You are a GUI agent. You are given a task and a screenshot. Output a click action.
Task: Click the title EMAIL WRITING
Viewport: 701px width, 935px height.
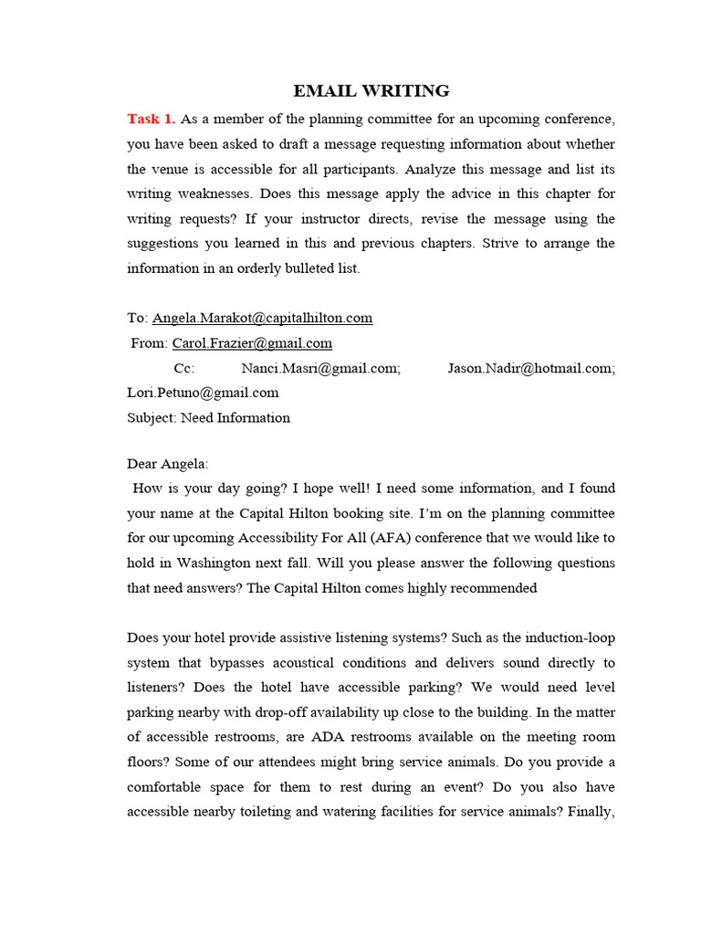point(371,90)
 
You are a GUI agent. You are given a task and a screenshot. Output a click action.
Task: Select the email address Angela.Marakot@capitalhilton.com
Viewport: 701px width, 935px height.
point(262,318)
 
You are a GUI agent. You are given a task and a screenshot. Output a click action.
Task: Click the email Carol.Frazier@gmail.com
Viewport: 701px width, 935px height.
point(252,343)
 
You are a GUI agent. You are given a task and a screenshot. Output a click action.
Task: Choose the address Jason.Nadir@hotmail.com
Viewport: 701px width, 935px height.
point(531,368)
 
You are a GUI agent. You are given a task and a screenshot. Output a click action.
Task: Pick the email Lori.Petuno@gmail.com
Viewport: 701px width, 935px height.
point(203,393)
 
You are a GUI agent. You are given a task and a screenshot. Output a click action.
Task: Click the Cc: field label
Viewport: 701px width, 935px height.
point(184,368)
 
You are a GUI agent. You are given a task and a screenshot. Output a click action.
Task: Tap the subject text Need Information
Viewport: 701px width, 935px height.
point(235,417)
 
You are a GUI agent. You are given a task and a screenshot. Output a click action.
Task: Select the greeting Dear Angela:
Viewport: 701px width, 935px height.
point(168,464)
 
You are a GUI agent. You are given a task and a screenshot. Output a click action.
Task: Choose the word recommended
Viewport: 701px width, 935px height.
point(492,588)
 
